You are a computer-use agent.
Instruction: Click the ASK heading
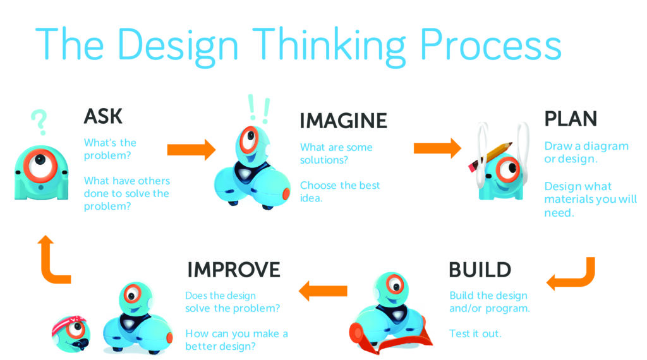click(x=103, y=116)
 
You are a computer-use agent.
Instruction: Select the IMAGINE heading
click(x=343, y=121)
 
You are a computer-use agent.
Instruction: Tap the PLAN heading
click(x=571, y=119)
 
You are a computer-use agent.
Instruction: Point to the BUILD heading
click(x=480, y=270)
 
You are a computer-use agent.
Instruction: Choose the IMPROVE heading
click(x=234, y=270)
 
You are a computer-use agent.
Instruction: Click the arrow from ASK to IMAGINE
click(x=191, y=149)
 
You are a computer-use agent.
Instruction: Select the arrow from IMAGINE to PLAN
click(x=437, y=148)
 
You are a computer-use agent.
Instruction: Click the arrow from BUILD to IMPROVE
click(x=323, y=291)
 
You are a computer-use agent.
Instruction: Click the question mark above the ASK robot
click(x=40, y=122)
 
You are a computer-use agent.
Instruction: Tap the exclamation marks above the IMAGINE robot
click(x=258, y=109)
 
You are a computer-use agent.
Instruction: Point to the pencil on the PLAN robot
click(x=490, y=156)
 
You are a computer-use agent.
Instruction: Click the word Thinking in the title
click(x=329, y=46)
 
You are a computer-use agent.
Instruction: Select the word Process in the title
click(x=490, y=44)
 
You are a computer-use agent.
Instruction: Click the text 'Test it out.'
click(x=475, y=333)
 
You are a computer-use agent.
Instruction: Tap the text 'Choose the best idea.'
click(x=339, y=192)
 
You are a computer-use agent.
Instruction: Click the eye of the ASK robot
click(x=40, y=164)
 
